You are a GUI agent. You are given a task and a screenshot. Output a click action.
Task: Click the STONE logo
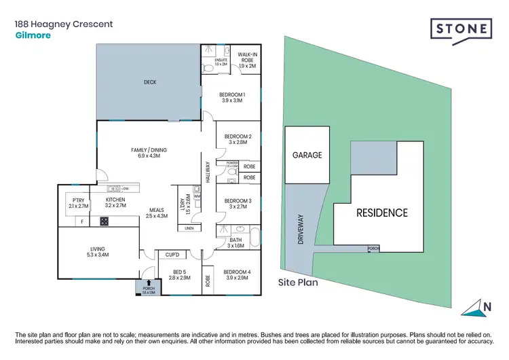pos(461,30)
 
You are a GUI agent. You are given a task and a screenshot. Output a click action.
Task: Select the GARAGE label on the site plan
pos(307,155)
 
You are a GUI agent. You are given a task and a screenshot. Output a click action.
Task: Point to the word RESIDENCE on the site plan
pos(382,213)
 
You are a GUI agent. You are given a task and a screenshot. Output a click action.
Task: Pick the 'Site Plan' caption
pos(297,281)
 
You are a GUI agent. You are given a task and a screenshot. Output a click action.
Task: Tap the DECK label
pos(150,82)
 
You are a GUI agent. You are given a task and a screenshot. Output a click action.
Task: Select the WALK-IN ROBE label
pos(245,60)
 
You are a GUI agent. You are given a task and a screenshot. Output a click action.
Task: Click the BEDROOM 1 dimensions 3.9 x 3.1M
pos(233,101)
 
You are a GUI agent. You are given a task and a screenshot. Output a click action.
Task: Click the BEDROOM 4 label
pos(237,272)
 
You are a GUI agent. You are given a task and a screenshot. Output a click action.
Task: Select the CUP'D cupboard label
pos(172,255)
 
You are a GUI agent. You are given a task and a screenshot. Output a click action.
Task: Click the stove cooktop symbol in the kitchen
pos(105,221)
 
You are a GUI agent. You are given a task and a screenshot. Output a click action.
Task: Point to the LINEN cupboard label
pos(189,228)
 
